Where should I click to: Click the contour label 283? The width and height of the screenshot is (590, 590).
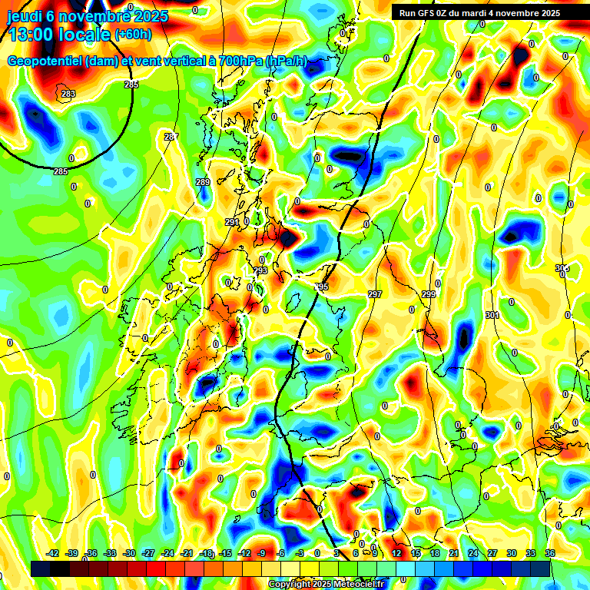68,94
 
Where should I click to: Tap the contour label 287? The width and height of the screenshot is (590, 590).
171,137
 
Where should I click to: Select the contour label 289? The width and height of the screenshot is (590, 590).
202,182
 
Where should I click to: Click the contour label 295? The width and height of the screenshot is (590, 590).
321,287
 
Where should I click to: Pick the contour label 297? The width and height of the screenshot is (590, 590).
375,294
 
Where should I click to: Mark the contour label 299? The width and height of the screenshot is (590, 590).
429,294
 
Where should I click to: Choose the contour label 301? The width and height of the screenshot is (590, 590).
492,315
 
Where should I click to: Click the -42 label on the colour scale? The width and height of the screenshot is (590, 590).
53,553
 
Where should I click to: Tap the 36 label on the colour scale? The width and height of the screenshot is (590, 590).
550,553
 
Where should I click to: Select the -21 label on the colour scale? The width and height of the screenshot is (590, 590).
187,553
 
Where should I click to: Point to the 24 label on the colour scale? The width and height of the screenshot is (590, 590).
473,553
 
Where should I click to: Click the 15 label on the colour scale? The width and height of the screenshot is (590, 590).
416,553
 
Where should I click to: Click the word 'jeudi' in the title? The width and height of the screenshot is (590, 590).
25,16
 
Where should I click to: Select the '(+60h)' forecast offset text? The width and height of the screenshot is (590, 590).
133,35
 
